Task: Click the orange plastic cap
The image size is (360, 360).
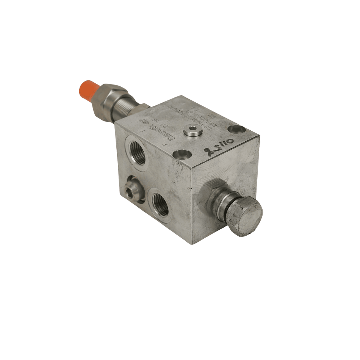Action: coord(86,90)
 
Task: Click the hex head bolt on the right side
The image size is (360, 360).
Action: coord(248,217)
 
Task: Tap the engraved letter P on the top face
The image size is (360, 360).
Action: coord(165,144)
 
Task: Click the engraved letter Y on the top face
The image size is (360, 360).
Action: coord(143,131)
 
